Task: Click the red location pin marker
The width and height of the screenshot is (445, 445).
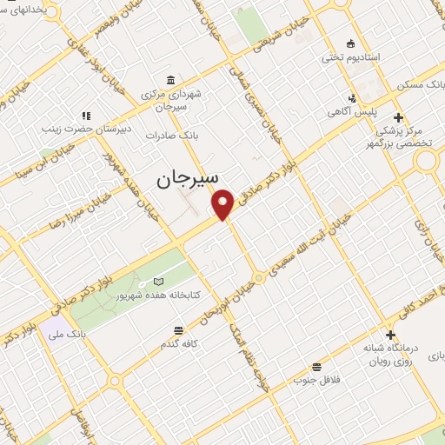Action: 223,203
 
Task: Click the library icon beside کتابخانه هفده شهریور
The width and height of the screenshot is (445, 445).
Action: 157,282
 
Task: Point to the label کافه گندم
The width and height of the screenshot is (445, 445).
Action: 178,345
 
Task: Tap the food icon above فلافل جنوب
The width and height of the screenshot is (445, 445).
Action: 316,366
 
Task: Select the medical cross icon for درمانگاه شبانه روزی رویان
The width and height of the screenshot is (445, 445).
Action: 390,335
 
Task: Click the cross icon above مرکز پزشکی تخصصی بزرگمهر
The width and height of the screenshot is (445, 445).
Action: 398,117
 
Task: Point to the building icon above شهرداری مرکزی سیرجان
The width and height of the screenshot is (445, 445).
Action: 169,77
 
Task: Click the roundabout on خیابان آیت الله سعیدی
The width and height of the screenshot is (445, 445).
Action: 259,278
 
